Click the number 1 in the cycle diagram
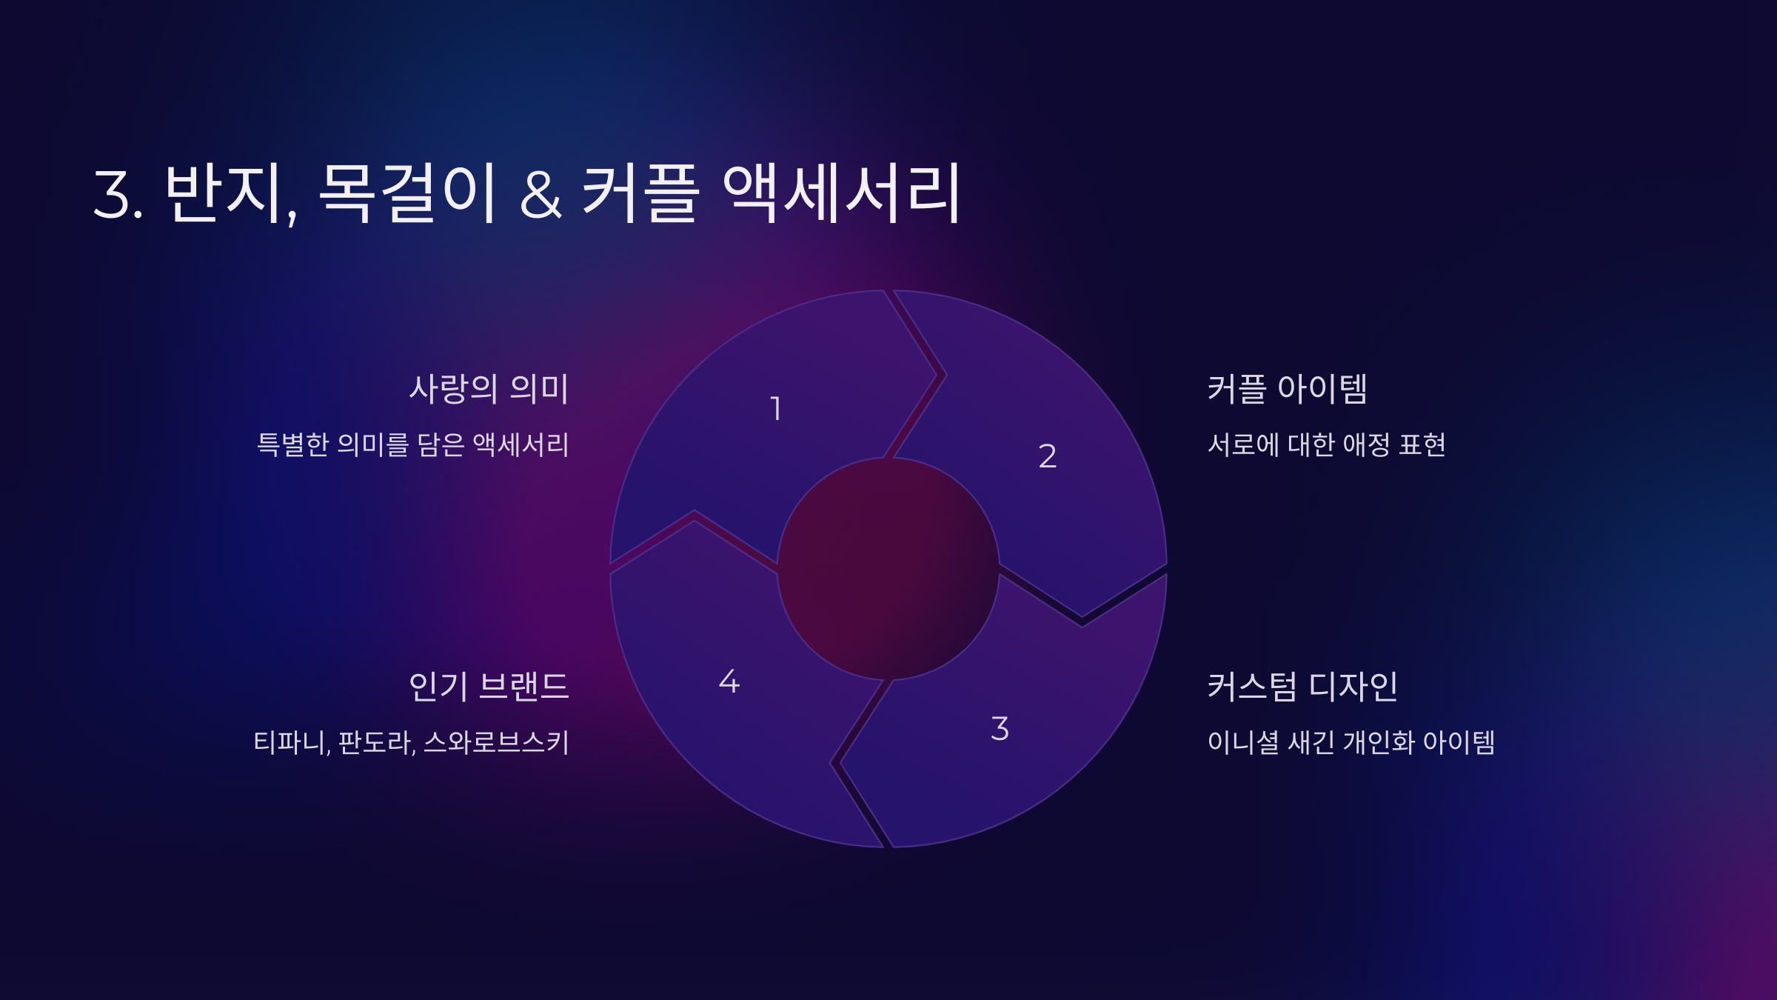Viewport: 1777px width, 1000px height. pos(776,409)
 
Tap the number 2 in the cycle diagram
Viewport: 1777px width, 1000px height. pos(1047,456)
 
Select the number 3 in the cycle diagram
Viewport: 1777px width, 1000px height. pos(1000,729)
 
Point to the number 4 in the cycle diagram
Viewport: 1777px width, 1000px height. pos(729,681)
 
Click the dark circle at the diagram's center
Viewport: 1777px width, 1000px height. pos(888,569)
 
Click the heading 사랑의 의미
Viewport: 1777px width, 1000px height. pos(489,389)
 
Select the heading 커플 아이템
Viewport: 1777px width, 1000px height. pos(1287,389)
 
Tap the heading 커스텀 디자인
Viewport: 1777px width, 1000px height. pos(1302,687)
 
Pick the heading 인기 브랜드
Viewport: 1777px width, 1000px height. pos(489,687)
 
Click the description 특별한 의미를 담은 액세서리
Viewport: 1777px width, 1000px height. pos(412,444)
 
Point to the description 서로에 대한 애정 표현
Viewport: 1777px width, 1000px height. pos(1326,444)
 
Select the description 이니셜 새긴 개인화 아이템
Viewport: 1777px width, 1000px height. pos(1351,742)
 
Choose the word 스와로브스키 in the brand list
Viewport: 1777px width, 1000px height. pos(496,742)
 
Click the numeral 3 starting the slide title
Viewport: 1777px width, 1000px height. pos(113,195)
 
